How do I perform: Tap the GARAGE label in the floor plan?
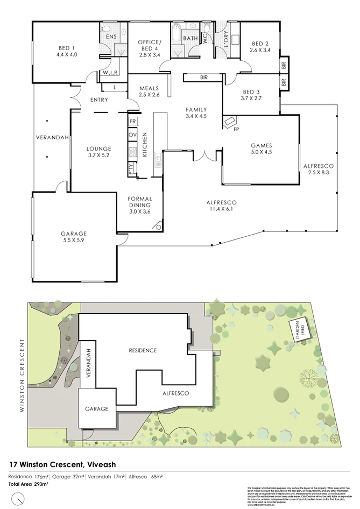tap(74, 234)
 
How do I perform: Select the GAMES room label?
tap(261, 145)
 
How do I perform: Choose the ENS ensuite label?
tap(111, 37)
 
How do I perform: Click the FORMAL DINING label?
tap(139, 202)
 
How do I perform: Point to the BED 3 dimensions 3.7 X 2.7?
tap(251, 98)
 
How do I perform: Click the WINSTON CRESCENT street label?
tap(22, 375)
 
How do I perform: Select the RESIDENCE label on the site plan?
tap(142, 350)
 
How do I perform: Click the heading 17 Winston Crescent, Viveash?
tap(63, 464)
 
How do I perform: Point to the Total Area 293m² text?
tap(29, 484)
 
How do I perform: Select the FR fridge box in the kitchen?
tap(132, 122)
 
